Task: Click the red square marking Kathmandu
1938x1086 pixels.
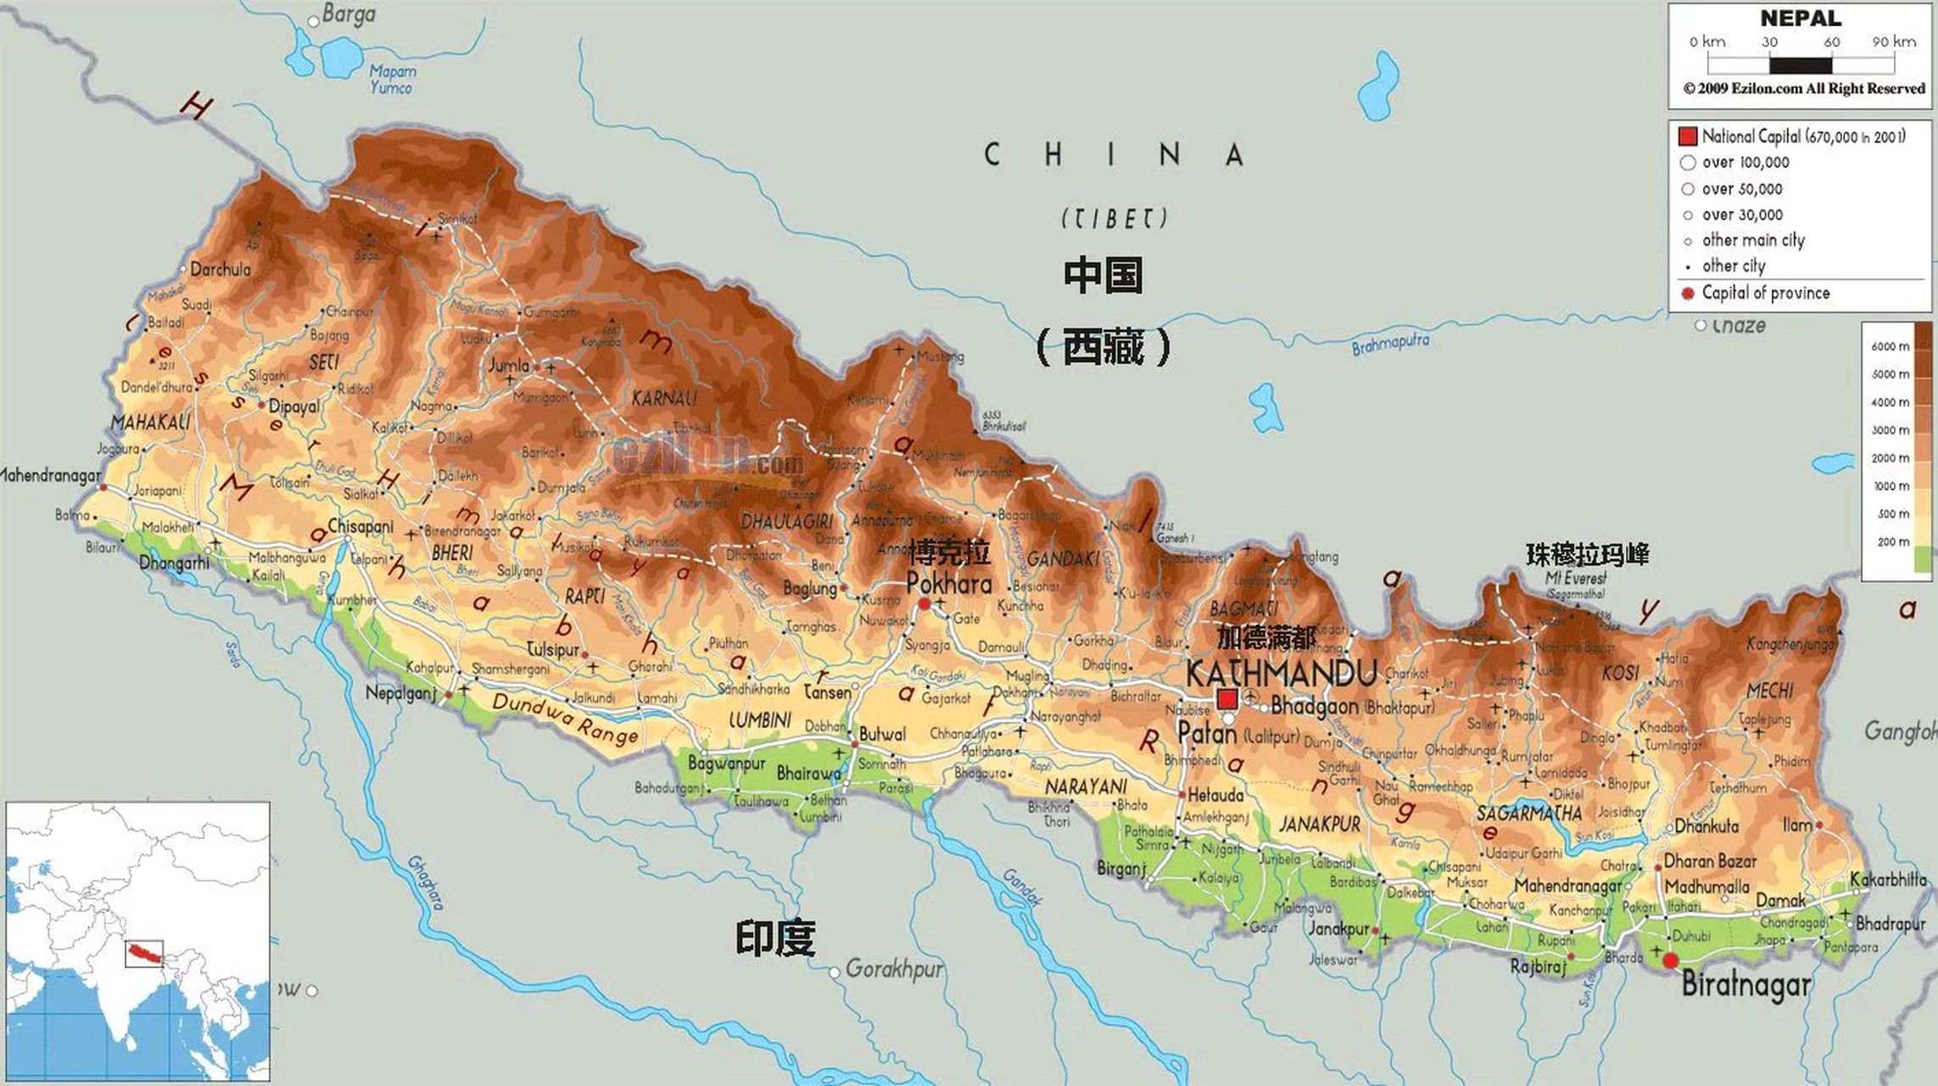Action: point(1226,699)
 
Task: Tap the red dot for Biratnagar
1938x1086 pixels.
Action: point(1670,960)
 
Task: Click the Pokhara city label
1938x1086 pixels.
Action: point(948,584)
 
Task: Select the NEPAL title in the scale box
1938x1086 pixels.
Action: point(1800,19)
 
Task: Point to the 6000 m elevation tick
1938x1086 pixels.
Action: point(1890,346)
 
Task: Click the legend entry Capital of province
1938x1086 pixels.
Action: point(1765,293)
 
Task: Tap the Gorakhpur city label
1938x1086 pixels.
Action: point(894,968)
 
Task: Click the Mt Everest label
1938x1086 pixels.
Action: point(1575,578)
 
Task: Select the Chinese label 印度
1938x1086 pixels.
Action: point(774,938)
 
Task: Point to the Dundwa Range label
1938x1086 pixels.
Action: point(565,718)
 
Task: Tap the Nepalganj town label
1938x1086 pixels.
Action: point(400,693)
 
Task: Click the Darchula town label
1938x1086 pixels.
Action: point(221,270)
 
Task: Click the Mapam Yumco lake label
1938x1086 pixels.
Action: point(393,80)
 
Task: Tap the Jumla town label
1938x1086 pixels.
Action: point(509,366)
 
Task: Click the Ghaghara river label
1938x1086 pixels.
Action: point(426,882)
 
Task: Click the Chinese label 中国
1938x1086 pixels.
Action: point(1103,276)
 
